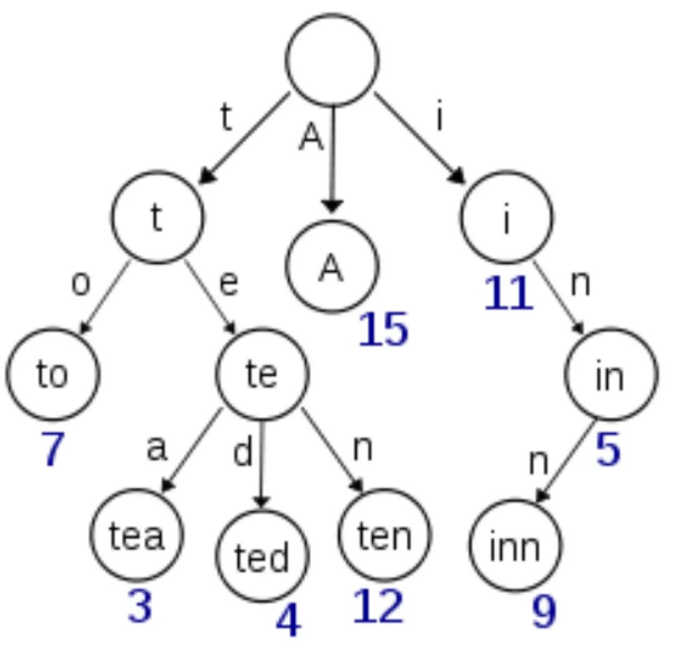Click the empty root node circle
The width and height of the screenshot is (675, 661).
point(332,59)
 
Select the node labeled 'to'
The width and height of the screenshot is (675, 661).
point(53,374)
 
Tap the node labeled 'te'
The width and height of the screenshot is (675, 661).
point(262,374)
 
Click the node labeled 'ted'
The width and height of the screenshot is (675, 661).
point(262,555)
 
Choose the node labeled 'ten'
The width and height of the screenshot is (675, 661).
point(384,535)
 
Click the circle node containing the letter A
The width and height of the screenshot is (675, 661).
point(332,267)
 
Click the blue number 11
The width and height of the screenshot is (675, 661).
point(509,295)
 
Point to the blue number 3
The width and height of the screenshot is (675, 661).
point(140,606)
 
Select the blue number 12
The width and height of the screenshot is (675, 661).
point(377,606)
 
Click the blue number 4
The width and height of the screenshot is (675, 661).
point(287,620)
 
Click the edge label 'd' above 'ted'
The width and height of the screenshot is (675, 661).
point(242,455)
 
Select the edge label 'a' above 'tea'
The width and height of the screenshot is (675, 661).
point(156,448)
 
